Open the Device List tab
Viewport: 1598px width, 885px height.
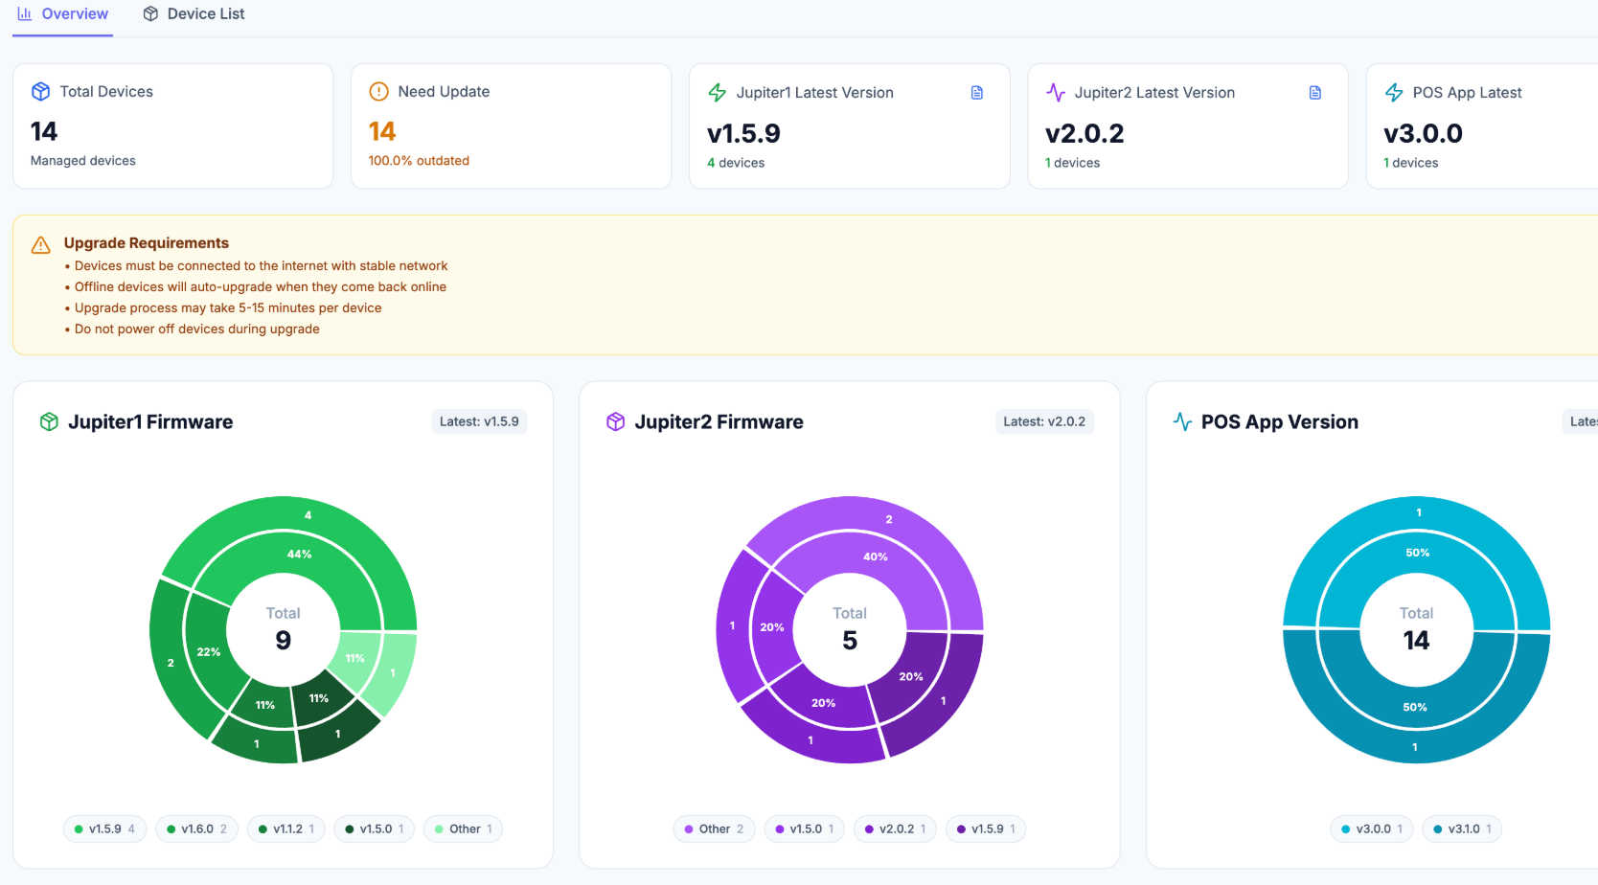point(194,14)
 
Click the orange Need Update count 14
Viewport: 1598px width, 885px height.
point(382,131)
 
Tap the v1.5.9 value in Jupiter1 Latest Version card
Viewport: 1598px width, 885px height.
point(743,133)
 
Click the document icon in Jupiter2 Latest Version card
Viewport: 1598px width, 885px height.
point(1315,93)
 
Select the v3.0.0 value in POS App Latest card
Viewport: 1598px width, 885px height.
point(1423,133)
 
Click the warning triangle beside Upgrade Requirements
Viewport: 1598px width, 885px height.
point(40,245)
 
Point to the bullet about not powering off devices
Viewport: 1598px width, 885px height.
point(196,329)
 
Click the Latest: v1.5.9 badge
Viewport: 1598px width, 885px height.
point(479,421)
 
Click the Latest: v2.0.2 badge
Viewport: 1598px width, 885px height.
point(1044,421)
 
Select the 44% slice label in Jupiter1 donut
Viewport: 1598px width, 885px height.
point(299,555)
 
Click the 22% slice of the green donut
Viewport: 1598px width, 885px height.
point(208,652)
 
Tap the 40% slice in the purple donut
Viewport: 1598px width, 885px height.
point(875,556)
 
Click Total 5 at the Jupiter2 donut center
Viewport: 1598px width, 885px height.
point(850,629)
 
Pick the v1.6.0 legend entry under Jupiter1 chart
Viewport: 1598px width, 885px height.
point(197,828)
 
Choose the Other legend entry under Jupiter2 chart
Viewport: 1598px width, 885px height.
point(714,828)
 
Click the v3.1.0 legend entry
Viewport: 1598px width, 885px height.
point(1462,828)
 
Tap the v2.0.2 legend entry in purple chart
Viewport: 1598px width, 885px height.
point(896,828)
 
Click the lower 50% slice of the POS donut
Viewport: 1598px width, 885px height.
point(1415,708)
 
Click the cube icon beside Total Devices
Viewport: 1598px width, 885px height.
point(40,92)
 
